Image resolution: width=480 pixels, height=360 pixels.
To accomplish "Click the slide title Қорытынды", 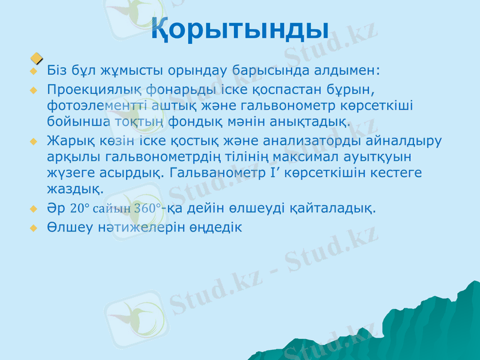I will tap(239, 28).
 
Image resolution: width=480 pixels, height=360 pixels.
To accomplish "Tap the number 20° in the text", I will tap(80, 209).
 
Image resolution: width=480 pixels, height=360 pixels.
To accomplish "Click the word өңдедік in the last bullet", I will tap(214, 228).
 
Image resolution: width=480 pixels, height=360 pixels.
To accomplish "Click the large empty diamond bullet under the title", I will tap(37, 58).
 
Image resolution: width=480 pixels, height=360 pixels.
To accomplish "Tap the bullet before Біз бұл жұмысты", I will tap(34, 72).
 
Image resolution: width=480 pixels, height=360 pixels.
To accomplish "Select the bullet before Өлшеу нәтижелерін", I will tap(34, 229).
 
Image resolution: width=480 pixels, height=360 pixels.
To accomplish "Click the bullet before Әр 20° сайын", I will tap(34, 209).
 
